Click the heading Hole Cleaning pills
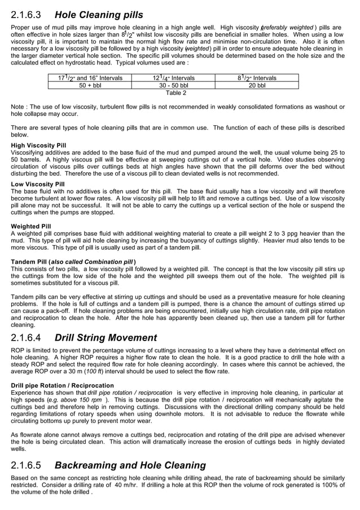point(99,15)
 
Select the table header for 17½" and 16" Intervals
point(90,78)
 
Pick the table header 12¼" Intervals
point(173,78)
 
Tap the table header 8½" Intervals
point(257,78)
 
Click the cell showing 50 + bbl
point(90,85)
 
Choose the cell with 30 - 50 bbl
point(173,85)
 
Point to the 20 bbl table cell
point(257,85)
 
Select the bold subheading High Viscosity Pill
point(38,145)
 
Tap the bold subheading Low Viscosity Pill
point(38,184)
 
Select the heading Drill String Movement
point(106,338)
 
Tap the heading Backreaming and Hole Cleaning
point(130,466)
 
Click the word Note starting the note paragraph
point(18,107)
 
